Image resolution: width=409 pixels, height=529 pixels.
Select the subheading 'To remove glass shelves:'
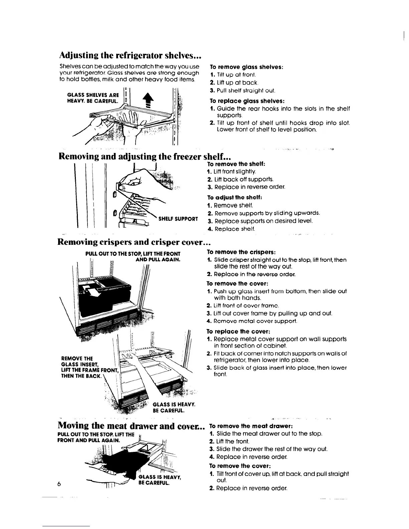(x=247, y=67)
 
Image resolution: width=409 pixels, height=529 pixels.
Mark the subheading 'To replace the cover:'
(x=238, y=332)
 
